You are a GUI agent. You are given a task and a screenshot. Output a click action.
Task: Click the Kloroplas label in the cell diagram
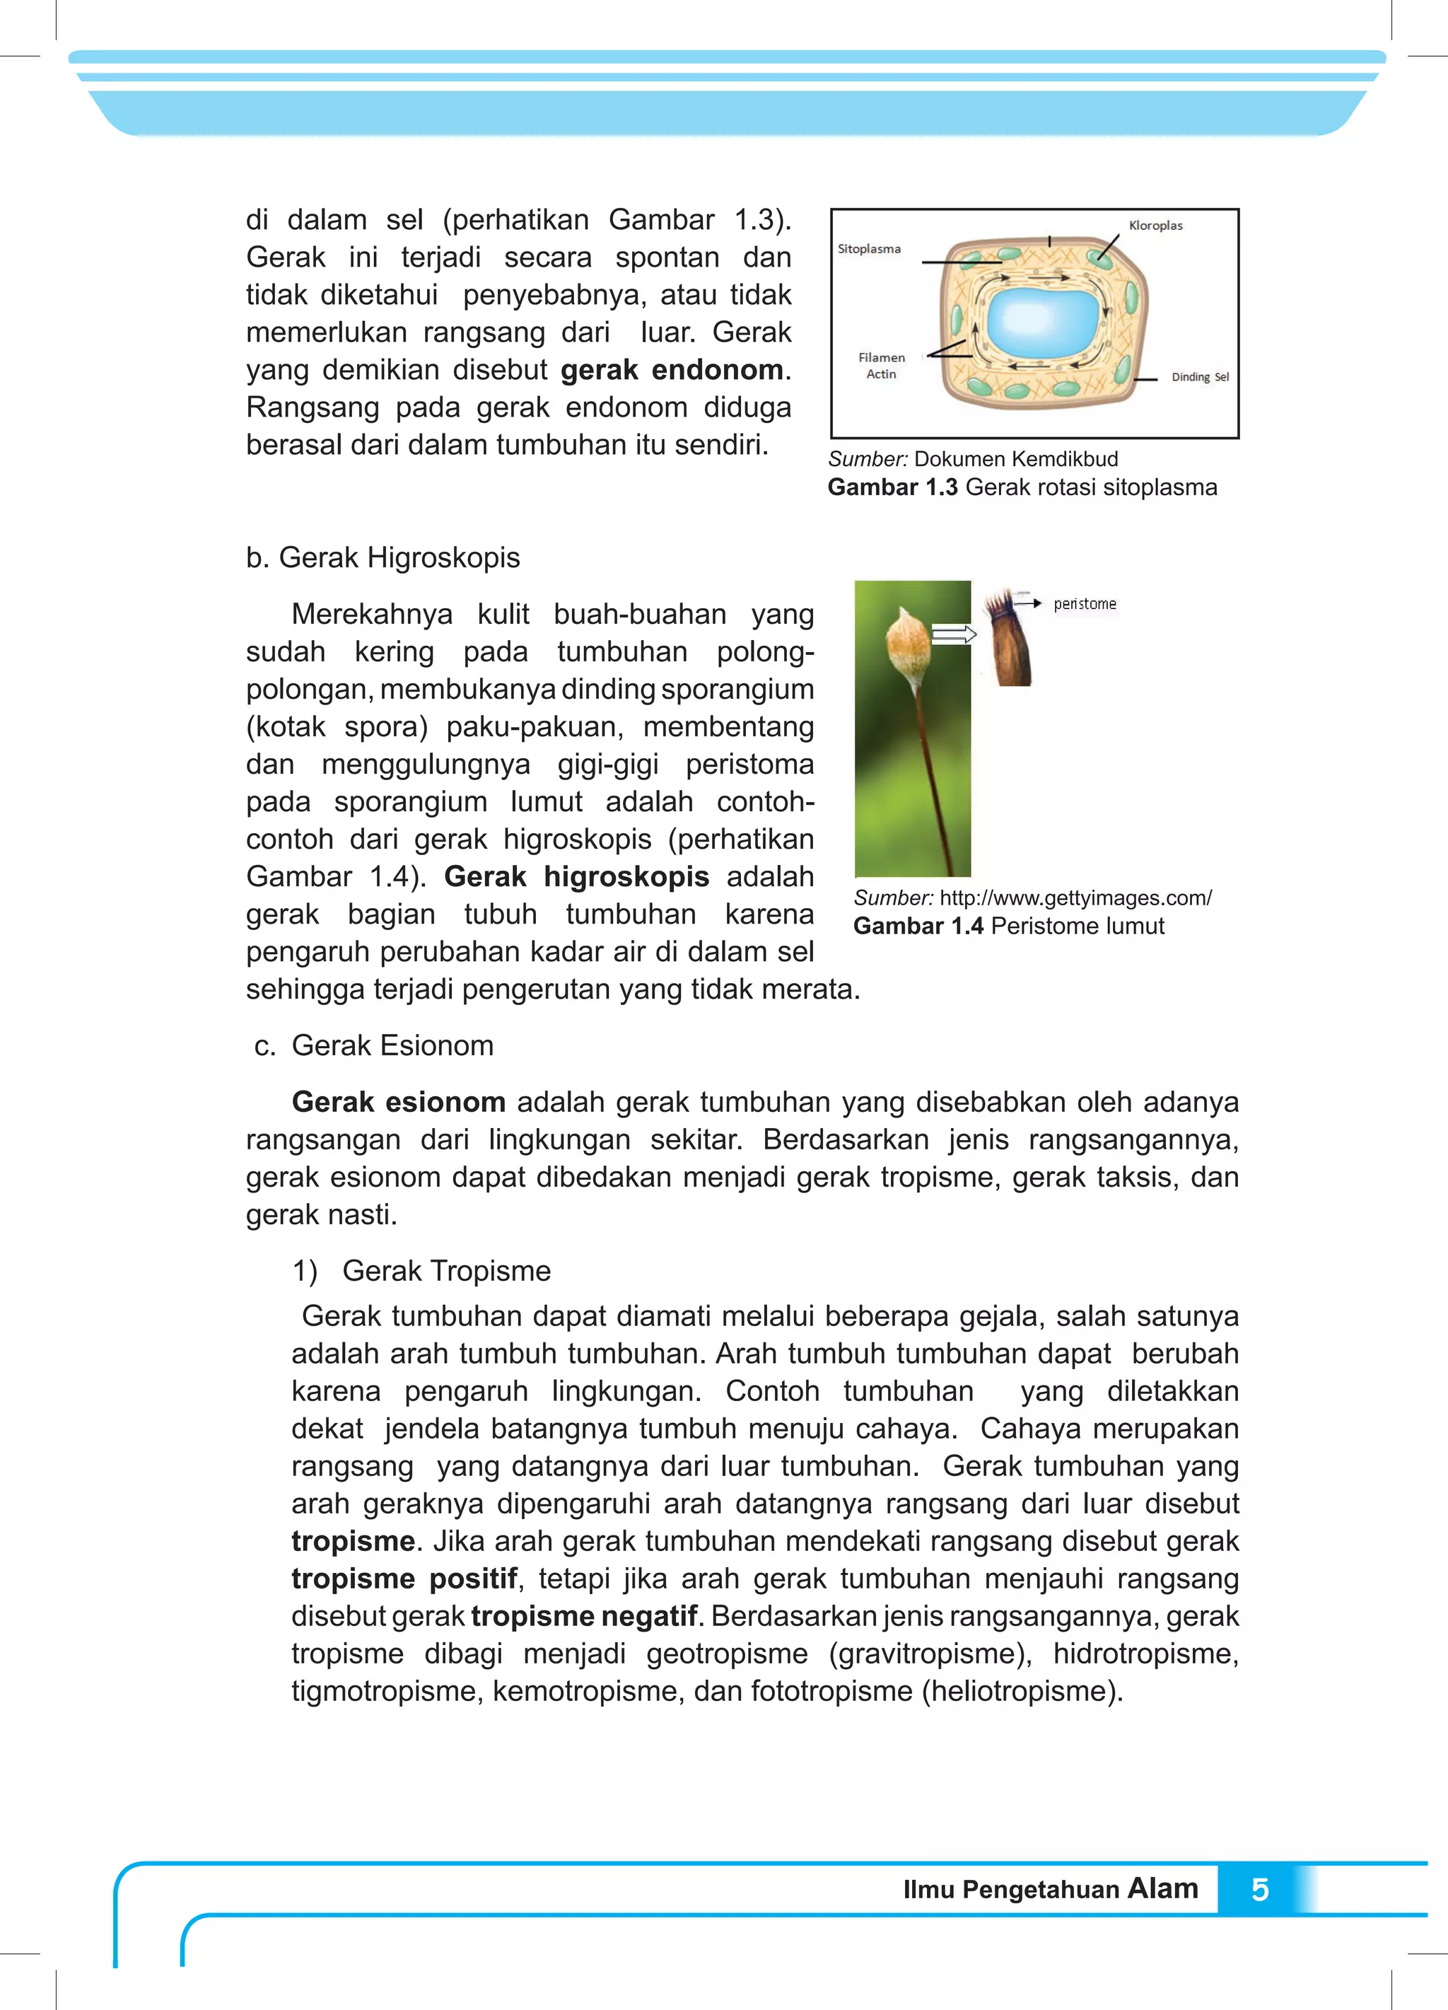[x=1155, y=225]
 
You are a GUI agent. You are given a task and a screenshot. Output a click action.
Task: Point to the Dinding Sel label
[x=1199, y=377]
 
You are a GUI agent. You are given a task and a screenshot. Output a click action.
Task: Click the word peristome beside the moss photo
[x=1085, y=603]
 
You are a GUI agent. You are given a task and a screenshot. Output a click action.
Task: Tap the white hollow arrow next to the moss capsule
[x=954, y=634]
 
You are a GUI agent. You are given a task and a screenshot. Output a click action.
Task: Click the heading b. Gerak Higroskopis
[x=383, y=557]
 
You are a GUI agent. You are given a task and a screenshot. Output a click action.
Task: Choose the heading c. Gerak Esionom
[x=373, y=1046]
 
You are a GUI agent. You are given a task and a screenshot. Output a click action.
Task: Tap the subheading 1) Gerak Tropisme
[x=422, y=1271]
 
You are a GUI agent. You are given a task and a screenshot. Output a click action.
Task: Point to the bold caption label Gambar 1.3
[x=892, y=487]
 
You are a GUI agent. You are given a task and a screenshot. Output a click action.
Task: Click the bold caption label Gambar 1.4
[x=918, y=926]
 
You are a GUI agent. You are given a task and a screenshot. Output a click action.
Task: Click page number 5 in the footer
[x=1259, y=1890]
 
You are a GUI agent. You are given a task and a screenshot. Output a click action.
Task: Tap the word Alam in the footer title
[x=1162, y=1888]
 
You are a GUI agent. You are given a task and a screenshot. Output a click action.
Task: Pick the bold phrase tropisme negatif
[x=584, y=1617]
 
